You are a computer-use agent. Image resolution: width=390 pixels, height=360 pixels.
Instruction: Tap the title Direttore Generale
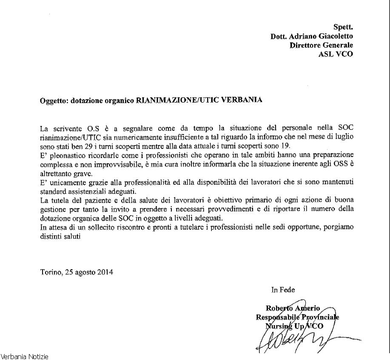click(x=321, y=45)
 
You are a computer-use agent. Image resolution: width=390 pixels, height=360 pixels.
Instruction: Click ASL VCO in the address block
click(x=336, y=54)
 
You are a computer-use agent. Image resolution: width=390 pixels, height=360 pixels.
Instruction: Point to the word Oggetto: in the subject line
click(x=54, y=101)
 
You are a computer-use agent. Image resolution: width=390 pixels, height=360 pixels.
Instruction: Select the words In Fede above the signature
click(x=283, y=290)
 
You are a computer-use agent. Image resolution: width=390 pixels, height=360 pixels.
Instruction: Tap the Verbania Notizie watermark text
click(x=24, y=356)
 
